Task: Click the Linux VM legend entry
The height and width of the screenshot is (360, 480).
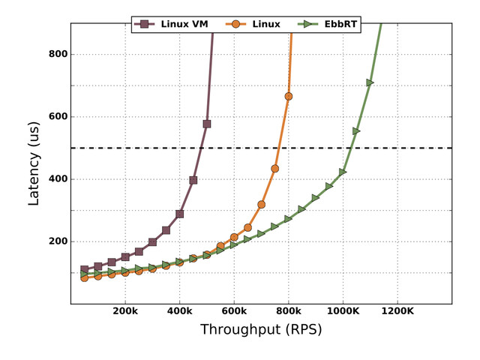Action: [x=172, y=24]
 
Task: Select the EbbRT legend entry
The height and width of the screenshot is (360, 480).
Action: [x=329, y=24]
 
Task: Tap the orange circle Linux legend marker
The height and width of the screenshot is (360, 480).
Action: [x=235, y=24]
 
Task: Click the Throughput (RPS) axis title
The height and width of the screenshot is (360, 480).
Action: [x=261, y=330]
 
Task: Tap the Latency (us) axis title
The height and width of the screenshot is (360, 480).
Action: [x=34, y=163]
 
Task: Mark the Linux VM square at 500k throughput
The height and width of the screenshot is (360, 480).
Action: [x=207, y=124]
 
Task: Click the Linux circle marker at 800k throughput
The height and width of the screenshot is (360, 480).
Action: [x=289, y=96]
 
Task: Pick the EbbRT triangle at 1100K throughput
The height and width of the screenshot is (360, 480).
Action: [x=370, y=82]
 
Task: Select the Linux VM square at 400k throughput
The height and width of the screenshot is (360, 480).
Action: [x=180, y=214]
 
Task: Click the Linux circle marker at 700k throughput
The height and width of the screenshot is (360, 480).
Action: [x=261, y=204]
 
